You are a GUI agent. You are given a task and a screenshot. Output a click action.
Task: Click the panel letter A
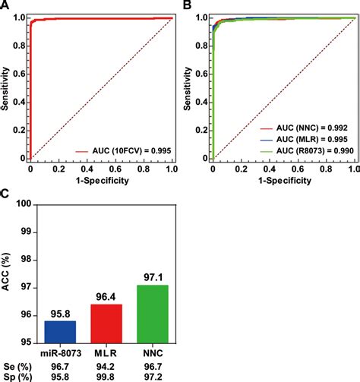click(x=6, y=6)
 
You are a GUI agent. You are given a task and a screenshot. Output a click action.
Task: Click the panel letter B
click(x=187, y=6)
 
